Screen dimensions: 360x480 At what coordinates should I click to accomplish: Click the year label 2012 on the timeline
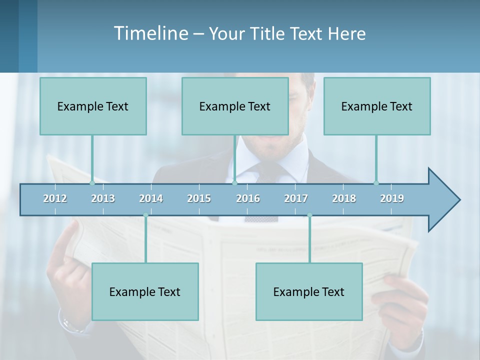pyautogui.click(x=55, y=198)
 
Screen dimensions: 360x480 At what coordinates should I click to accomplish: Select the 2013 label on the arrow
pyautogui.click(x=103, y=198)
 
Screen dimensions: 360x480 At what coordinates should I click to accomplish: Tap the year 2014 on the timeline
pyautogui.click(x=151, y=198)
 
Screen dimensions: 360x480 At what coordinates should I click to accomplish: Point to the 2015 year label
pyautogui.click(x=199, y=198)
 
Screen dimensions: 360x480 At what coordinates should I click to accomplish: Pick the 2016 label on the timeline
pyautogui.click(x=248, y=198)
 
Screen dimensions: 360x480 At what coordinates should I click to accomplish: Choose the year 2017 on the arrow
pyautogui.click(x=296, y=198)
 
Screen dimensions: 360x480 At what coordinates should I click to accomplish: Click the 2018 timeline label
pyautogui.click(x=344, y=198)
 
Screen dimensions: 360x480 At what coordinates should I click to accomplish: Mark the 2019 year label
pyautogui.click(x=392, y=198)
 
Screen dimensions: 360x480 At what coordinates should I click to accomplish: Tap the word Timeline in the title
pyautogui.click(x=150, y=33)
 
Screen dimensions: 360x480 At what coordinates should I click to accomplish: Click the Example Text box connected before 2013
pyautogui.click(x=93, y=106)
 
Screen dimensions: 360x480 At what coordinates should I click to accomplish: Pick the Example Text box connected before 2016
pyautogui.click(x=235, y=106)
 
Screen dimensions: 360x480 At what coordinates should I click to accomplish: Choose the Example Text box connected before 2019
pyautogui.click(x=377, y=106)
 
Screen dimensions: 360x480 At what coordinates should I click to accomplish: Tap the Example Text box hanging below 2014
pyautogui.click(x=145, y=291)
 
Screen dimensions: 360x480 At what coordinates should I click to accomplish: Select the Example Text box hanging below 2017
pyautogui.click(x=309, y=291)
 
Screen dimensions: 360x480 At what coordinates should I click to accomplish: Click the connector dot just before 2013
pyautogui.click(x=92, y=183)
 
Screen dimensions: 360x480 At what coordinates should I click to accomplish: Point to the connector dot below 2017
pyautogui.click(x=309, y=215)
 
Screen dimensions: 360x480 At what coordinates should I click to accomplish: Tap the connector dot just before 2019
pyautogui.click(x=376, y=183)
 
